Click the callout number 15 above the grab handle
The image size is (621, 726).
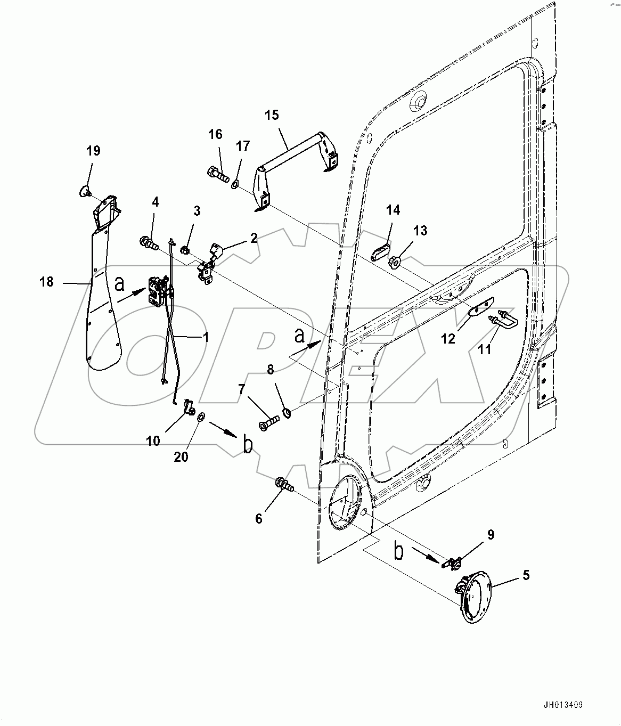point(272,115)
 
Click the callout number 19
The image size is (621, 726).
point(93,151)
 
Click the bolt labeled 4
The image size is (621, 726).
point(149,245)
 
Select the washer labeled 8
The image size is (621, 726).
point(287,412)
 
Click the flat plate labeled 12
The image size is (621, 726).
point(482,307)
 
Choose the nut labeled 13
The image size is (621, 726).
point(395,261)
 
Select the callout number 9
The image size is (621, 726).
point(491,535)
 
